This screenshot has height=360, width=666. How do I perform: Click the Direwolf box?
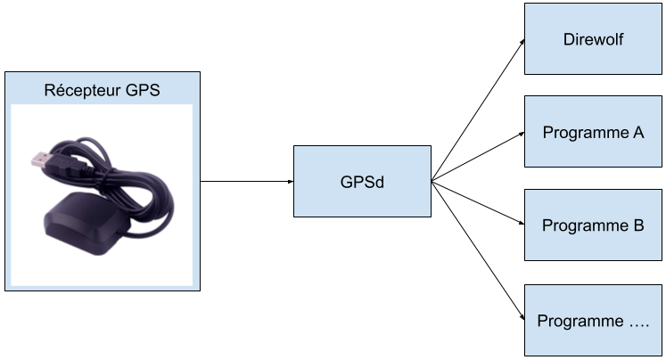tap(593, 38)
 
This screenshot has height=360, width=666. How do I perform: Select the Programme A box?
tap(593, 132)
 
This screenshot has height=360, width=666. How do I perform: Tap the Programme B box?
tap(593, 225)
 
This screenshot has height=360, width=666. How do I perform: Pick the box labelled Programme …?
tap(593, 320)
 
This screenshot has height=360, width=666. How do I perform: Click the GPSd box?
tap(362, 181)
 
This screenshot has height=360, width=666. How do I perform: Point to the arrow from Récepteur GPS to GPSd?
tap(247, 181)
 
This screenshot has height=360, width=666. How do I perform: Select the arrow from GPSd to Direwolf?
tap(478, 110)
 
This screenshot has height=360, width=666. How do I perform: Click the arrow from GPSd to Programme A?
tap(478, 157)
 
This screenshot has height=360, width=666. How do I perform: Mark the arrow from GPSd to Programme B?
tap(478, 202)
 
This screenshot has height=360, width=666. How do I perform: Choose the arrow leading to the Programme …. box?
tap(478, 250)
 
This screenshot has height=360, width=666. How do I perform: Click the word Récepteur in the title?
tap(82, 90)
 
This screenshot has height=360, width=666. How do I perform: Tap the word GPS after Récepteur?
tap(143, 90)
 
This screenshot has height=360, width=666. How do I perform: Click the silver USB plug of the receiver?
tap(42, 160)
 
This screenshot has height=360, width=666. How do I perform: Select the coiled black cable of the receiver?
tap(127, 178)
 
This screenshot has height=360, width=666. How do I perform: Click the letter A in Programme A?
tap(638, 133)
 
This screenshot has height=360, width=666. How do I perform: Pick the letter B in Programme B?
tap(638, 225)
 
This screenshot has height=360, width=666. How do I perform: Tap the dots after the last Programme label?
tap(639, 325)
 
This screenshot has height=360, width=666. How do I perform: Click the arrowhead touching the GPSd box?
tap(291, 181)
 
